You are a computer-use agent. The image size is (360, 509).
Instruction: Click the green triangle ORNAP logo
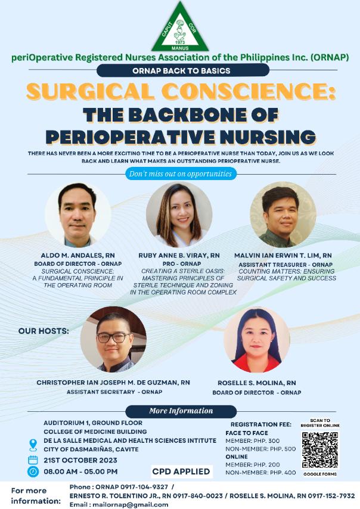click(180, 27)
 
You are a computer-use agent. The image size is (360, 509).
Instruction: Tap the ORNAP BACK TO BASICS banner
click(183, 70)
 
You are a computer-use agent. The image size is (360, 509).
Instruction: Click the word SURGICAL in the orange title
click(91, 91)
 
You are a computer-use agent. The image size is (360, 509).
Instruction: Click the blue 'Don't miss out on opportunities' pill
click(181, 173)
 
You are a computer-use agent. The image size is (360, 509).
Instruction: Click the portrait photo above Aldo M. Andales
click(78, 215)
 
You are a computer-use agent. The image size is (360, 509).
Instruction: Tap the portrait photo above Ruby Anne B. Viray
click(179, 215)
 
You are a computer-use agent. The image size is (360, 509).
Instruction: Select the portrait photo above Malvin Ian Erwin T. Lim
click(283, 215)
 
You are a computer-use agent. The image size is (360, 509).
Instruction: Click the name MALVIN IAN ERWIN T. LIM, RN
click(283, 256)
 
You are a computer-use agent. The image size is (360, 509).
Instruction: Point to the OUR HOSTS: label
click(44, 331)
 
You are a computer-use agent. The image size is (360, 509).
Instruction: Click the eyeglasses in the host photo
click(114, 337)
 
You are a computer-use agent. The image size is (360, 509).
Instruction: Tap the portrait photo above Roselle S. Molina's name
click(257, 340)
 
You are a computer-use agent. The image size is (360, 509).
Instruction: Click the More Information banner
click(181, 411)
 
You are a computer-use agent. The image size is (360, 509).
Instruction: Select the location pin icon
click(33, 445)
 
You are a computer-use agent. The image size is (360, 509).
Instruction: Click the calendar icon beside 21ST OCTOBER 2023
click(33, 460)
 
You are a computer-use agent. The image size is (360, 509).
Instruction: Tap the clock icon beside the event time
click(33, 471)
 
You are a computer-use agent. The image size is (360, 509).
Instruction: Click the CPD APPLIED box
click(181, 471)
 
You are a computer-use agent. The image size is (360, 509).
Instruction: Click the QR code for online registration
click(320, 450)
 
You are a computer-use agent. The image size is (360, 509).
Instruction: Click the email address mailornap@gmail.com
click(130, 505)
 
